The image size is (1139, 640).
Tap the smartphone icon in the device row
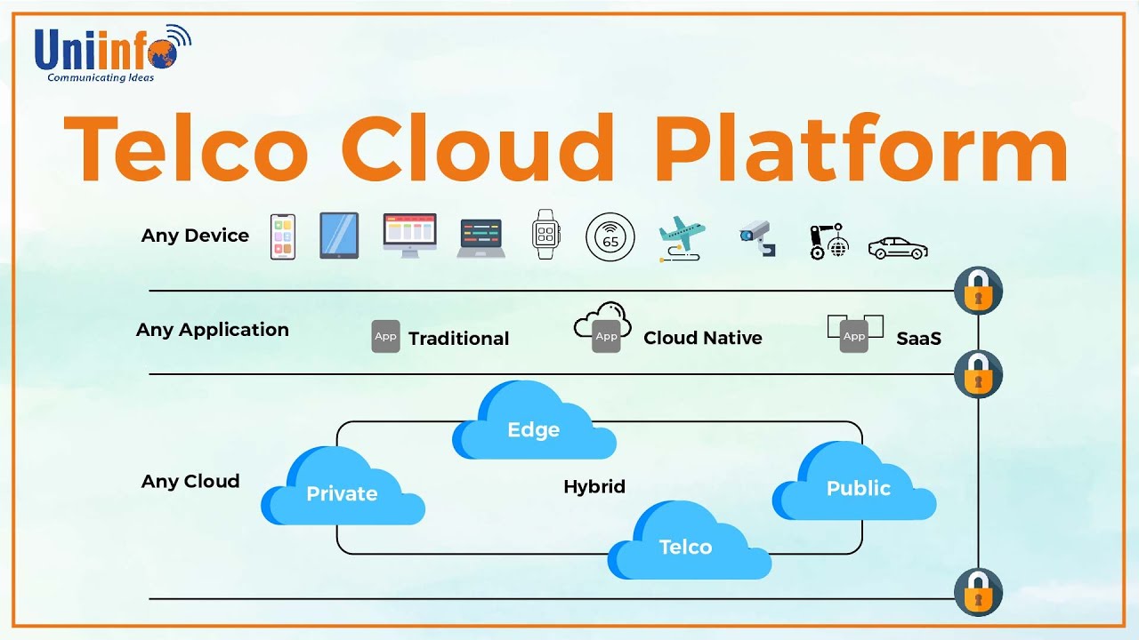click(x=282, y=236)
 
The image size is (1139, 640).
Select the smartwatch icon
click(x=545, y=236)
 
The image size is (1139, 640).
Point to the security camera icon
click(x=757, y=237)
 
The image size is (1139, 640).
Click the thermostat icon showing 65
click(x=610, y=237)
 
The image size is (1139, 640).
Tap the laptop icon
click(x=481, y=238)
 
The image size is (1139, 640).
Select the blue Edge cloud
click(x=533, y=425)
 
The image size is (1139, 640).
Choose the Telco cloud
click(x=687, y=544)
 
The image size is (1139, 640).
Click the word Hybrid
click(x=594, y=487)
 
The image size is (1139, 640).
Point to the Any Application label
click(x=213, y=330)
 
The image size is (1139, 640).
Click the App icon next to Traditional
click(x=385, y=337)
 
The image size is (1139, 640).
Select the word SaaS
click(x=918, y=339)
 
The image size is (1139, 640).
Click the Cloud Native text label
click(x=702, y=338)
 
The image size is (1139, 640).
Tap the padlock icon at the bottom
click(x=978, y=591)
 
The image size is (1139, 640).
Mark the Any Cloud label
click(x=190, y=482)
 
